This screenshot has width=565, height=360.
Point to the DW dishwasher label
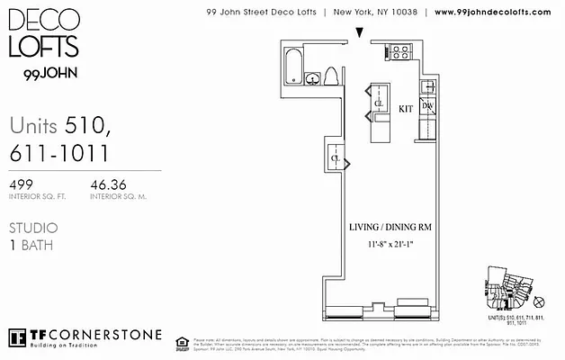427,106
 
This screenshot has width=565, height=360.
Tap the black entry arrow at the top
360,33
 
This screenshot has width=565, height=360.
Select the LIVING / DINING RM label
388,228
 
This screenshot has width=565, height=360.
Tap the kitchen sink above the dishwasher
427,88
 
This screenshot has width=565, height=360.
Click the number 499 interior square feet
22,185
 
